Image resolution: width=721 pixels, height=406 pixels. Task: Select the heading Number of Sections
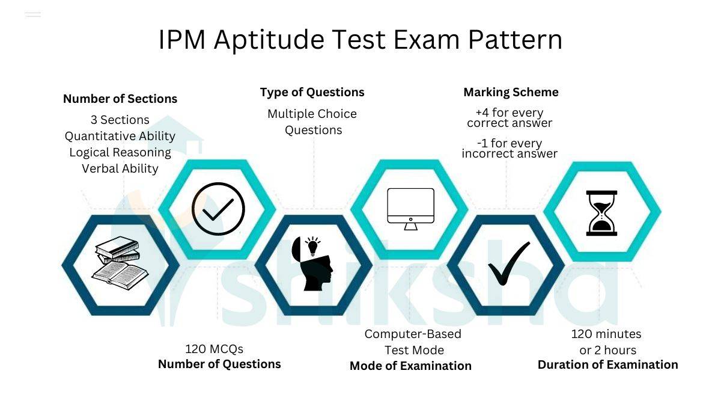click(120, 99)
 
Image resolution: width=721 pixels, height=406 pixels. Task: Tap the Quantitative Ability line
click(120, 136)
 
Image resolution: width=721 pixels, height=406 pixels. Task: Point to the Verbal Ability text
click(120, 168)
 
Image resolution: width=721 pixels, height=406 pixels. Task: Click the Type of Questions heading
click(312, 93)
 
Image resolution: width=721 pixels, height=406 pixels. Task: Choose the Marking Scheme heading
click(511, 93)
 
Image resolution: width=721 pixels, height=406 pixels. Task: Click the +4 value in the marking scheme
click(482, 113)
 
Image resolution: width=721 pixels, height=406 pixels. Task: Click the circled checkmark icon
click(218, 209)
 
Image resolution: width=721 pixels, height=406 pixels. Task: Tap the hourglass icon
click(601, 212)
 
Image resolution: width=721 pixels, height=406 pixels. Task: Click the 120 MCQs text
click(214, 349)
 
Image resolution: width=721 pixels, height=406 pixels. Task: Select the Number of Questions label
click(219, 364)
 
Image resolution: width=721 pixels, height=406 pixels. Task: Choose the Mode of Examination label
click(410, 366)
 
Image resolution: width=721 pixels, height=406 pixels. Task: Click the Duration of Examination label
click(607, 365)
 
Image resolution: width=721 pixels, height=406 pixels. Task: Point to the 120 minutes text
click(606, 334)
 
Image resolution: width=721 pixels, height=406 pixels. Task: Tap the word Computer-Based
click(413, 334)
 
